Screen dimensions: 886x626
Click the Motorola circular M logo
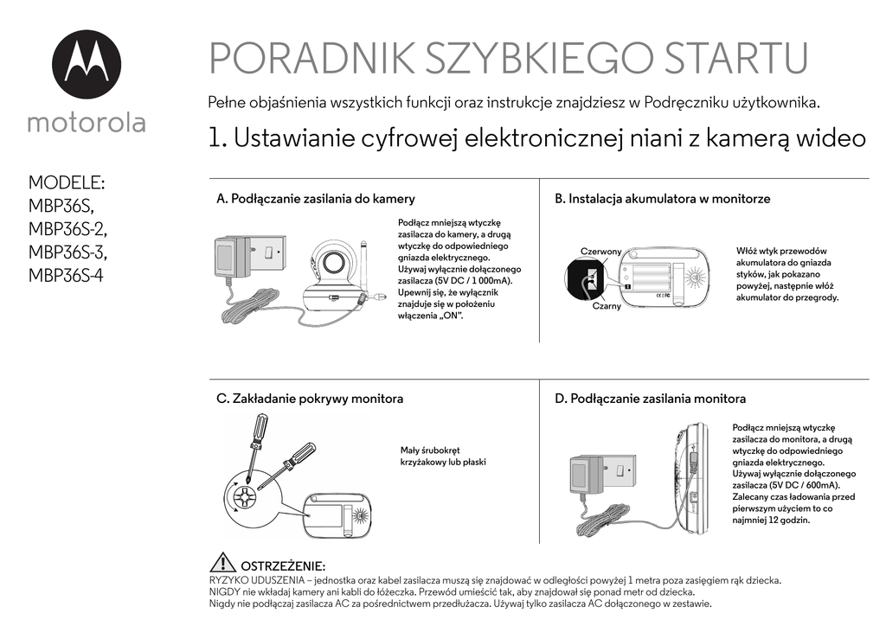pyautogui.click(x=87, y=64)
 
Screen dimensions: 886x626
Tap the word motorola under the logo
pyautogui.click(x=87, y=123)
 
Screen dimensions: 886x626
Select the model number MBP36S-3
pyautogui.click(x=67, y=252)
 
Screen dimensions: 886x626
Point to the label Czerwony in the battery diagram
pyautogui.click(x=600, y=252)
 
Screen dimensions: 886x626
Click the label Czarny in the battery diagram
pyautogui.click(x=607, y=306)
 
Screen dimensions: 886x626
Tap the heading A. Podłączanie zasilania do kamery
pyautogui.click(x=316, y=199)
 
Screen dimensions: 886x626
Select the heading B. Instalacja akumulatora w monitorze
pyautogui.click(x=662, y=199)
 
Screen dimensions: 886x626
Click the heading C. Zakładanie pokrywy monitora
pyautogui.click(x=310, y=399)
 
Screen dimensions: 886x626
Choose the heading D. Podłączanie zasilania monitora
pyautogui.click(x=650, y=399)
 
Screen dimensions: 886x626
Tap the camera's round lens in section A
pyautogui.click(x=337, y=265)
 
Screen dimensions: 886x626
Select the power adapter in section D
pyautogui.click(x=586, y=476)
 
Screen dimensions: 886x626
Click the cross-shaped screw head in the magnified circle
pyautogui.click(x=246, y=498)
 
